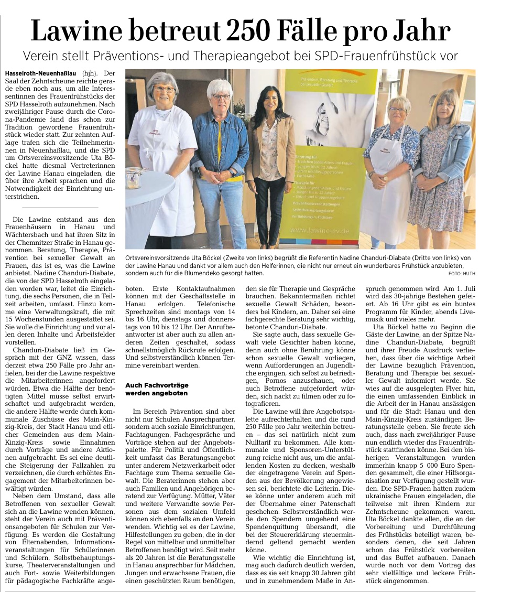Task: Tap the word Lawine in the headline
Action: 79,31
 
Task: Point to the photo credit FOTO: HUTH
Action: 462,274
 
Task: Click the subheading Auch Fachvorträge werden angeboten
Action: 156,389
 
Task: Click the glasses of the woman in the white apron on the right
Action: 398,110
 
